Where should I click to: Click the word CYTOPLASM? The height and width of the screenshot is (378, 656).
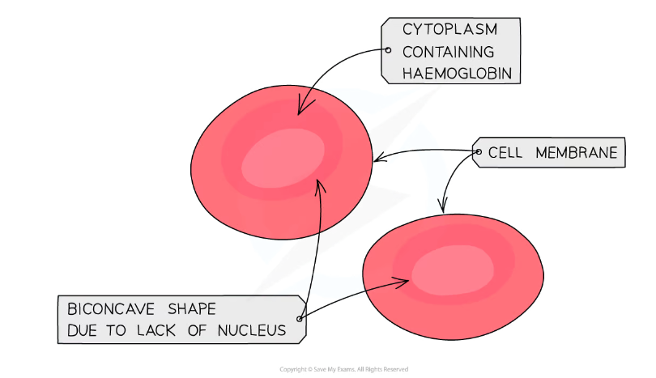pyautogui.click(x=449, y=29)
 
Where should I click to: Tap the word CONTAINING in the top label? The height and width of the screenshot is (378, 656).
pyautogui.click(x=448, y=52)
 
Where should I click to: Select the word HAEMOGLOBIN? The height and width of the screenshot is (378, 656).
pyautogui.click(x=457, y=74)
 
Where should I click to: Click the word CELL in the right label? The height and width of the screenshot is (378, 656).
pyautogui.click(x=505, y=153)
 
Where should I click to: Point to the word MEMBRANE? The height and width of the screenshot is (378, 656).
pyautogui.click(x=577, y=153)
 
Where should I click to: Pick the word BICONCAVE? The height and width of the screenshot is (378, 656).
pyautogui.click(x=111, y=309)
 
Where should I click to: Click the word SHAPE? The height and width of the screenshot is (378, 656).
pyautogui.click(x=192, y=309)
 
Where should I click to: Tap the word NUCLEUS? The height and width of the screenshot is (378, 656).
pyautogui.click(x=252, y=330)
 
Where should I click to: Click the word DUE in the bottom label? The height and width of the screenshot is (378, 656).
pyautogui.click(x=81, y=330)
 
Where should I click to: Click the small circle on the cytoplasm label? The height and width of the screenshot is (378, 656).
pyautogui.click(x=388, y=50)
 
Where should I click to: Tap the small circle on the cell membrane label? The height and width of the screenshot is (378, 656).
pyautogui.click(x=479, y=152)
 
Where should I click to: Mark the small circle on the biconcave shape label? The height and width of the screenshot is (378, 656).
pyautogui.click(x=299, y=319)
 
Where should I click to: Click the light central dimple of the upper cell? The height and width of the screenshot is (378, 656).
pyautogui.click(x=283, y=159)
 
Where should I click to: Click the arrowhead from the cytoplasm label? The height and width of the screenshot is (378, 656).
pyautogui.click(x=302, y=108)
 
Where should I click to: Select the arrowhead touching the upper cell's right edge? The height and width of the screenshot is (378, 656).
pyautogui.click(x=380, y=156)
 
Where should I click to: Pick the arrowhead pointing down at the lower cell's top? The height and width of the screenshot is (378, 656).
pyautogui.click(x=443, y=206)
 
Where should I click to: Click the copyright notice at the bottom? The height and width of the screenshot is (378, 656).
pyautogui.click(x=343, y=369)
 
